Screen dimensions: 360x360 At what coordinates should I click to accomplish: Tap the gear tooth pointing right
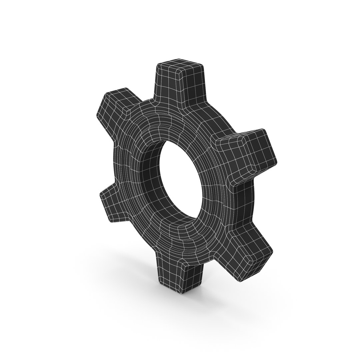click(247, 153)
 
